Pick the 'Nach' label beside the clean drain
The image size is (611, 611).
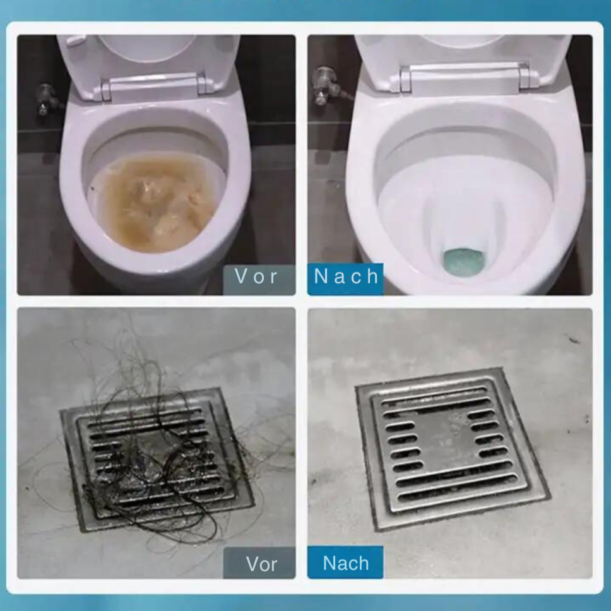tap(345, 563)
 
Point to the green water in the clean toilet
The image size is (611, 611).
tap(463, 259)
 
